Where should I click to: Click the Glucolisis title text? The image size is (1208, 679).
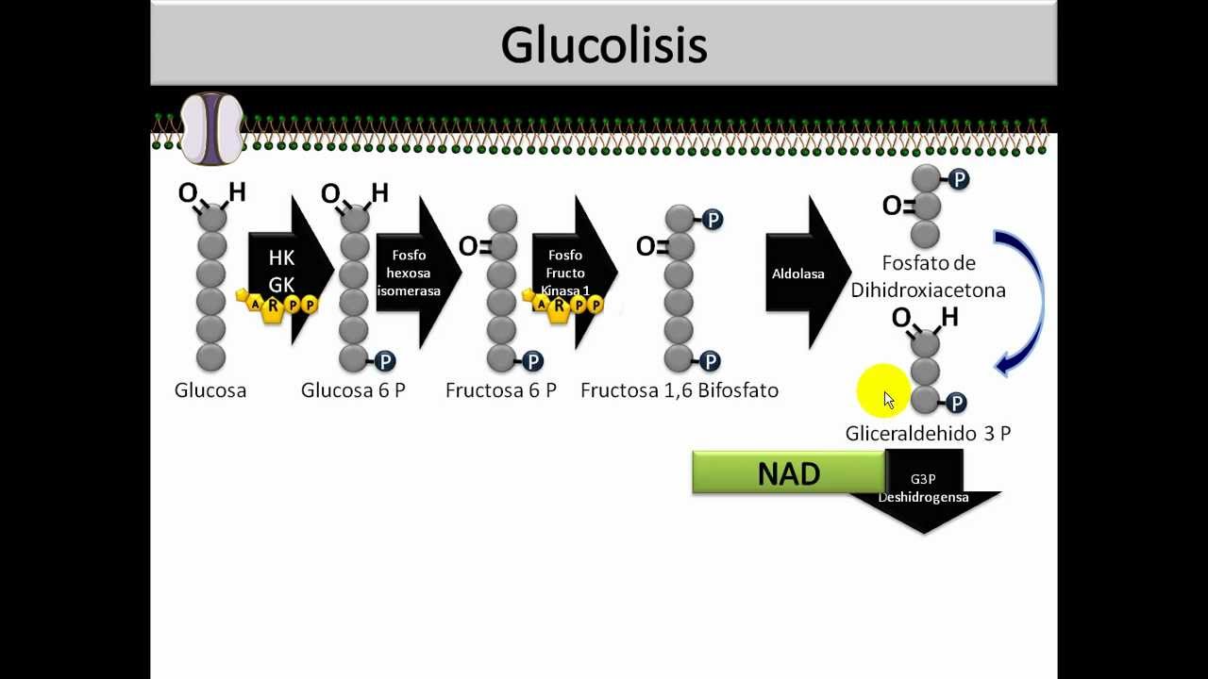[x=604, y=44]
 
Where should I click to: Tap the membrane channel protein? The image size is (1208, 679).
[x=211, y=128]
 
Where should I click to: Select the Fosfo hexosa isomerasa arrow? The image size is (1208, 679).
[x=416, y=273]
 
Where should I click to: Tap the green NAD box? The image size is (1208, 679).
[x=789, y=472]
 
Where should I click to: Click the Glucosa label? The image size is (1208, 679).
[x=210, y=390]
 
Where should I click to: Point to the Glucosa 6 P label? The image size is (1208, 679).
[x=353, y=390]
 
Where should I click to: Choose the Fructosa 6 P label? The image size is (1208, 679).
[x=501, y=390]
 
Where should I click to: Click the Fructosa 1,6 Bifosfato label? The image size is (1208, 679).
[x=679, y=390]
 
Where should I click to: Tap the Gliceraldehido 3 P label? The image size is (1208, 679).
[x=928, y=434]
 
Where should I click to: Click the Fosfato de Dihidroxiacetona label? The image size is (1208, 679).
[x=928, y=276]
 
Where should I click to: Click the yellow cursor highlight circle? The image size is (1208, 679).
[x=883, y=391]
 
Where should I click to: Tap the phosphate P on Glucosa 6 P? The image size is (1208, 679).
[x=384, y=361]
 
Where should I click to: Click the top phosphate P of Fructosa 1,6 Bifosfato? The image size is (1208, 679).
[x=713, y=220]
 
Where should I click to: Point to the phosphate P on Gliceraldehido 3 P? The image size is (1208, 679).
[x=956, y=404]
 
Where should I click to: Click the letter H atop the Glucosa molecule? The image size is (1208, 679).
[x=237, y=192]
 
